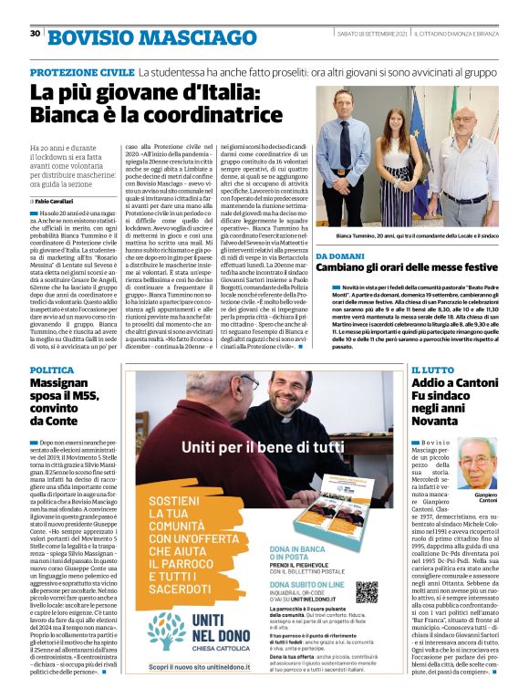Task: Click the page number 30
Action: point(35,33)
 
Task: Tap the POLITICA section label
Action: point(52,370)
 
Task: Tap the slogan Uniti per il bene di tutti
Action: point(263,449)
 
